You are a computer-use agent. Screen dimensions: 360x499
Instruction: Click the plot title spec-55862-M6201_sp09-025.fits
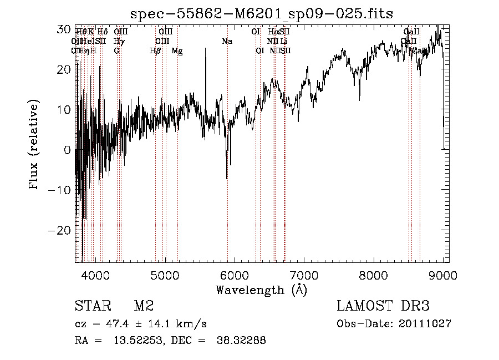pyautogui.click(x=261, y=14)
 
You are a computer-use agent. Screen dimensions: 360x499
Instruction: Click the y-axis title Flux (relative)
pyautogui.click(x=34, y=145)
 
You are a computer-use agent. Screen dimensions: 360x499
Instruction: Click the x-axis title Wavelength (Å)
pyautogui.click(x=261, y=290)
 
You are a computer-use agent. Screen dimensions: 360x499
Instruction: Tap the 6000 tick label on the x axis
pyautogui.click(x=235, y=275)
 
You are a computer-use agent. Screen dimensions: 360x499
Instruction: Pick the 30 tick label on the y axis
pyautogui.click(x=65, y=29)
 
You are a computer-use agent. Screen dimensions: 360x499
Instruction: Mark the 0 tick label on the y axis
pyautogui.click(x=68, y=150)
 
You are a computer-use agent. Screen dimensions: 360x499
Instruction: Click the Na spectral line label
pyautogui.click(x=227, y=42)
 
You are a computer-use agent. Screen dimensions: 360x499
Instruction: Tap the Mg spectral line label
pyautogui.click(x=177, y=51)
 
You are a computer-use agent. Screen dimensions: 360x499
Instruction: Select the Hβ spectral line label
pyautogui.click(x=155, y=51)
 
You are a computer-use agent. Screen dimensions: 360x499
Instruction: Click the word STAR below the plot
pyautogui.click(x=92, y=306)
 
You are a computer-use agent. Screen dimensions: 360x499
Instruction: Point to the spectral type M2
pyautogui.click(x=144, y=306)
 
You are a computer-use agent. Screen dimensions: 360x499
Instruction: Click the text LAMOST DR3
pyautogui.click(x=383, y=306)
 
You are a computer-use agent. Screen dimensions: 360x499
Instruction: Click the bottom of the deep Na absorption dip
pyautogui.click(x=227, y=178)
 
